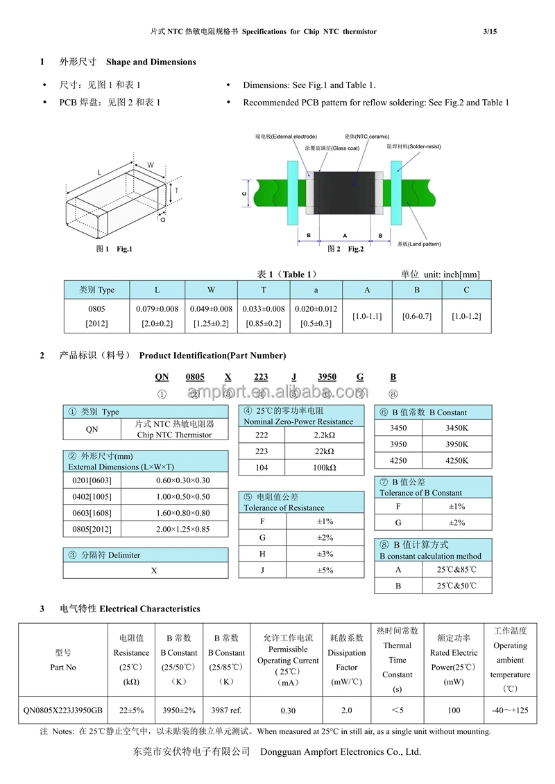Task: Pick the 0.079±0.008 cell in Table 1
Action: (157, 309)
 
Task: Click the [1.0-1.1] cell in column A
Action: (367, 316)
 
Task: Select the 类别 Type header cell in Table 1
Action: (96, 290)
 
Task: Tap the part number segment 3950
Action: (327, 376)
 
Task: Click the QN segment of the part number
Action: (162, 376)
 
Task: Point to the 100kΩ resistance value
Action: (325, 468)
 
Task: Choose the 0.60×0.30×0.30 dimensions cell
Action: (182, 480)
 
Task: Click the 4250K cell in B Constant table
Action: (456, 460)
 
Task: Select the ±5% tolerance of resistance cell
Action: (325, 570)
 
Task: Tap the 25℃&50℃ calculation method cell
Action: (456, 586)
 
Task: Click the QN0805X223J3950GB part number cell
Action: (63, 711)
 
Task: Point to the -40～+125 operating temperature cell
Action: (510, 711)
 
